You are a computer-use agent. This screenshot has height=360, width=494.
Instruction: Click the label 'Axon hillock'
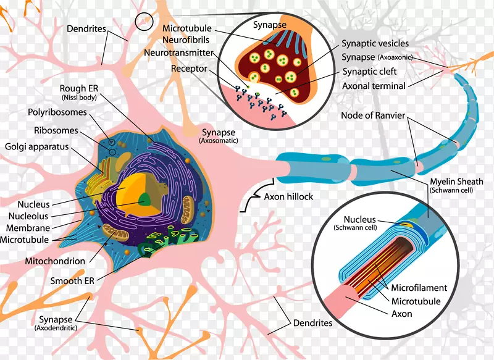[x=288, y=197]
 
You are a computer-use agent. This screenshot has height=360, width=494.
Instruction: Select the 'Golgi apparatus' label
[x=37, y=148]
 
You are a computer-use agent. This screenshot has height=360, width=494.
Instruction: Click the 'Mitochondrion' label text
[x=55, y=261]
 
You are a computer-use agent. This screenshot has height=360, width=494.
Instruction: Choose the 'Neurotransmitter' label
[x=178, y=53]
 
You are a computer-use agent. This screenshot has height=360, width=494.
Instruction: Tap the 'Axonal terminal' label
[x=374, y=86]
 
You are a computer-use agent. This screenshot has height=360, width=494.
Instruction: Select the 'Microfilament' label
[x=416, y=288]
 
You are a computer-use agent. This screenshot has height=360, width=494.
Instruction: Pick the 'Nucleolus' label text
[x=28, y=216]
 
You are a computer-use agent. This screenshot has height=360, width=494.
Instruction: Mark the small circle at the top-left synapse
[x=144, y=22]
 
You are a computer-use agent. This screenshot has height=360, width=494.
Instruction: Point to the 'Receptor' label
[x=190, y=68]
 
